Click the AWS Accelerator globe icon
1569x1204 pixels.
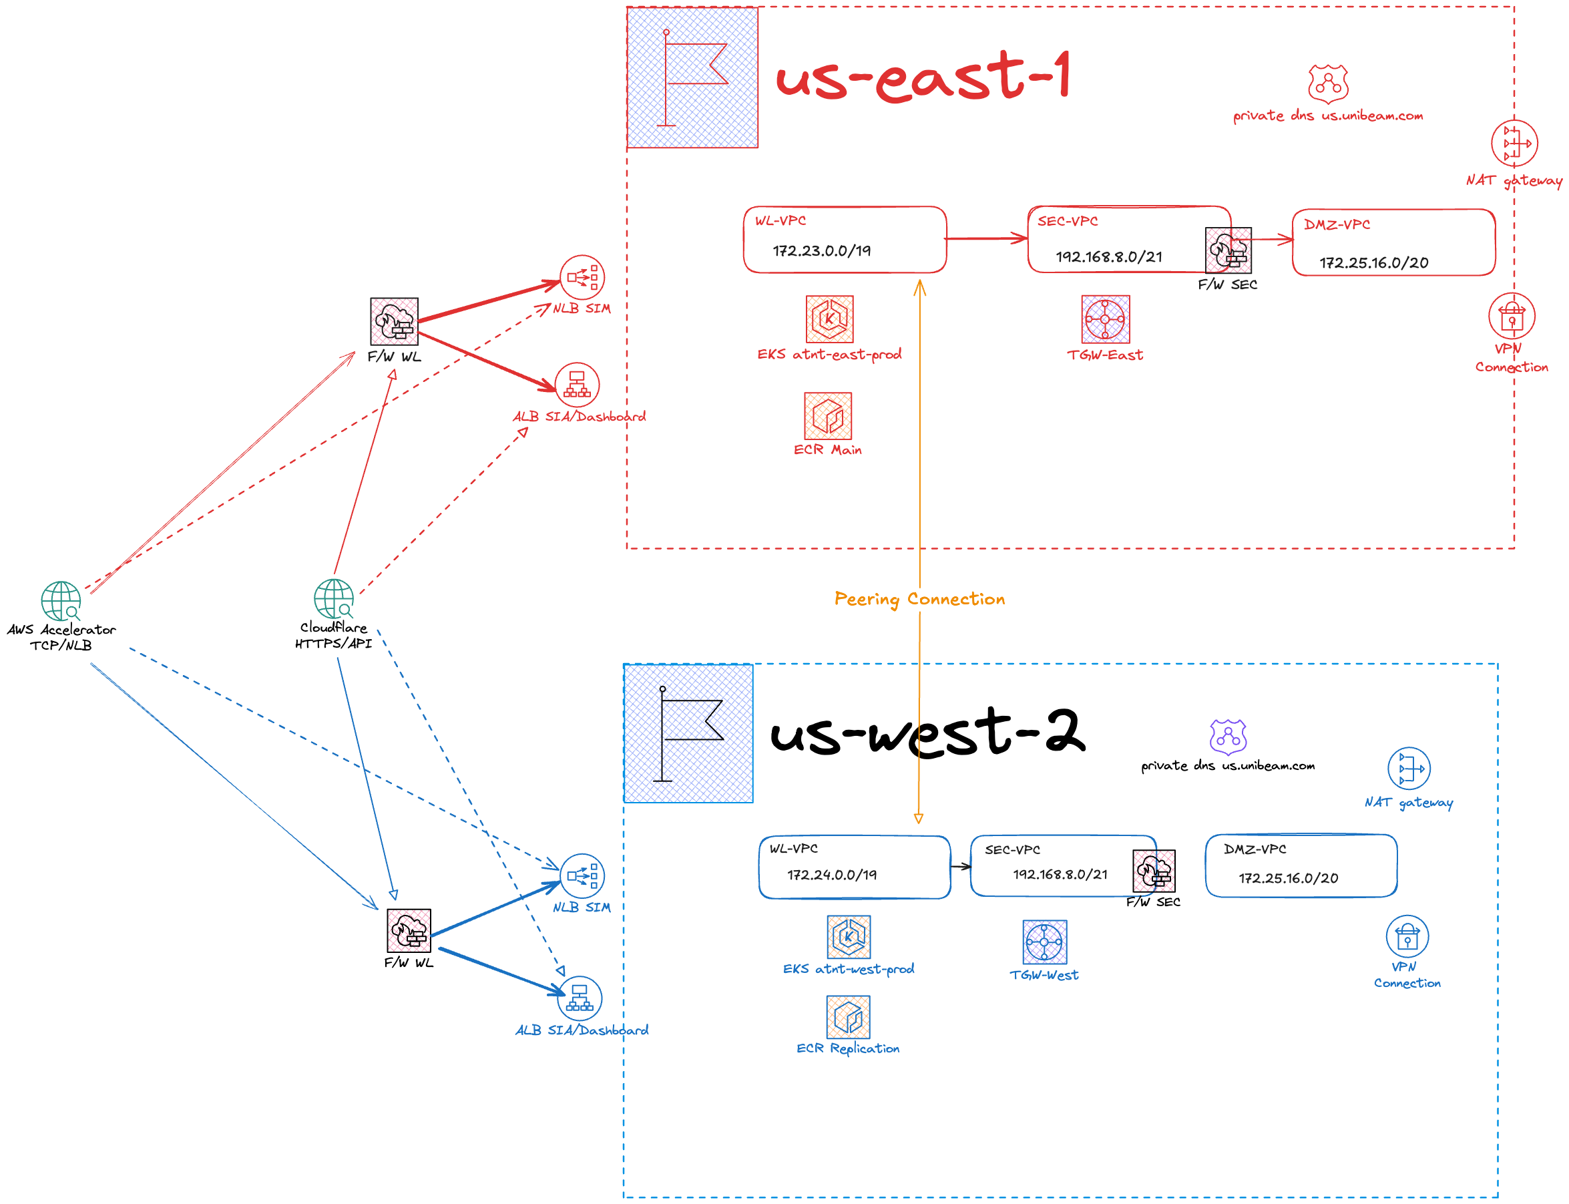click(61, 600)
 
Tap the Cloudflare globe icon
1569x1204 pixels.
click(334, 598)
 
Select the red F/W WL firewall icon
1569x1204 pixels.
click(394, 321)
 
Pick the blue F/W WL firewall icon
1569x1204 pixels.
click(409, 930)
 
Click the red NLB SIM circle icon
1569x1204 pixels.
click(582, 277)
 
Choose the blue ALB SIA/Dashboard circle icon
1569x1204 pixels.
click(580, 998)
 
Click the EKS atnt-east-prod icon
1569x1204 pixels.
click(830, 319)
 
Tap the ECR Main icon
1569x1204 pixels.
click(828, 415)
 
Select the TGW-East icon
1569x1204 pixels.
click(1106, 319)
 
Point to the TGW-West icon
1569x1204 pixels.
click(1045, 942)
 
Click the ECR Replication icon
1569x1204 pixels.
click(849, 1016)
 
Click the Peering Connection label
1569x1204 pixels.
click(919, 599)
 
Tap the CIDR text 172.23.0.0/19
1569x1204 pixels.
click(822, 251)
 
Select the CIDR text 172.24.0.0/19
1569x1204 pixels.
click(832, 875)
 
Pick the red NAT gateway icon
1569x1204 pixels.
click(1514, 143)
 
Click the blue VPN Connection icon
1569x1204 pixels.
click(1407, 936)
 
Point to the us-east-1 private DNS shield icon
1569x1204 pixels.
click(1327, 84)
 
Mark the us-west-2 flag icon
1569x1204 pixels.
click(688, 733)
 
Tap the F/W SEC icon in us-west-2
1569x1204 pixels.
click(1154, 871)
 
